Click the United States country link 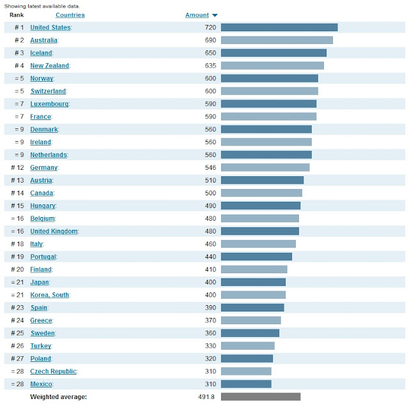tap(50, 27)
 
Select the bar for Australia tap(277, 40)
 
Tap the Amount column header tap(197, 15)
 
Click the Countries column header tap(70, 15)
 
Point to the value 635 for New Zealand tap(210, 66)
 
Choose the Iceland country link tap(42, 53)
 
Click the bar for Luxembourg tap(268, 103)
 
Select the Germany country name tap(43, 167)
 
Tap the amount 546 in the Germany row tap(210, 167)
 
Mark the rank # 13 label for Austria tap(17, 180)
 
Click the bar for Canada tap(261, 193)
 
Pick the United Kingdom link tap(54, 231)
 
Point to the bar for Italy tap(258, 244)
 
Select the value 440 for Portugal tap(210, 257)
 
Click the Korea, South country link tap(50, 295)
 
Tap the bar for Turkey tap(247, 345)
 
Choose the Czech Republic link tap(53, 371)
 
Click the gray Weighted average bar tap(260, 396)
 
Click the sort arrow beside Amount tap(215, 15)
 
